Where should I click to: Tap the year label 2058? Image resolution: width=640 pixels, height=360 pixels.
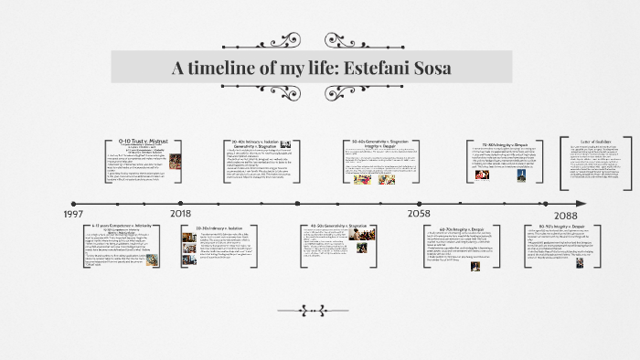tap(420, 213)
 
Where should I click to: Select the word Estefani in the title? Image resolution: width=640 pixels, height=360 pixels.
tap(360, 68)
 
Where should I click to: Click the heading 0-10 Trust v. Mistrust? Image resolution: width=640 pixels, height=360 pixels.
tap(145, 142)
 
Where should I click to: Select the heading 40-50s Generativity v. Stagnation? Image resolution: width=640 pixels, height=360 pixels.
tap(338, 225)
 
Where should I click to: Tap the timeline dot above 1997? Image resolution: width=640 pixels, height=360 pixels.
tap(74, 203)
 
